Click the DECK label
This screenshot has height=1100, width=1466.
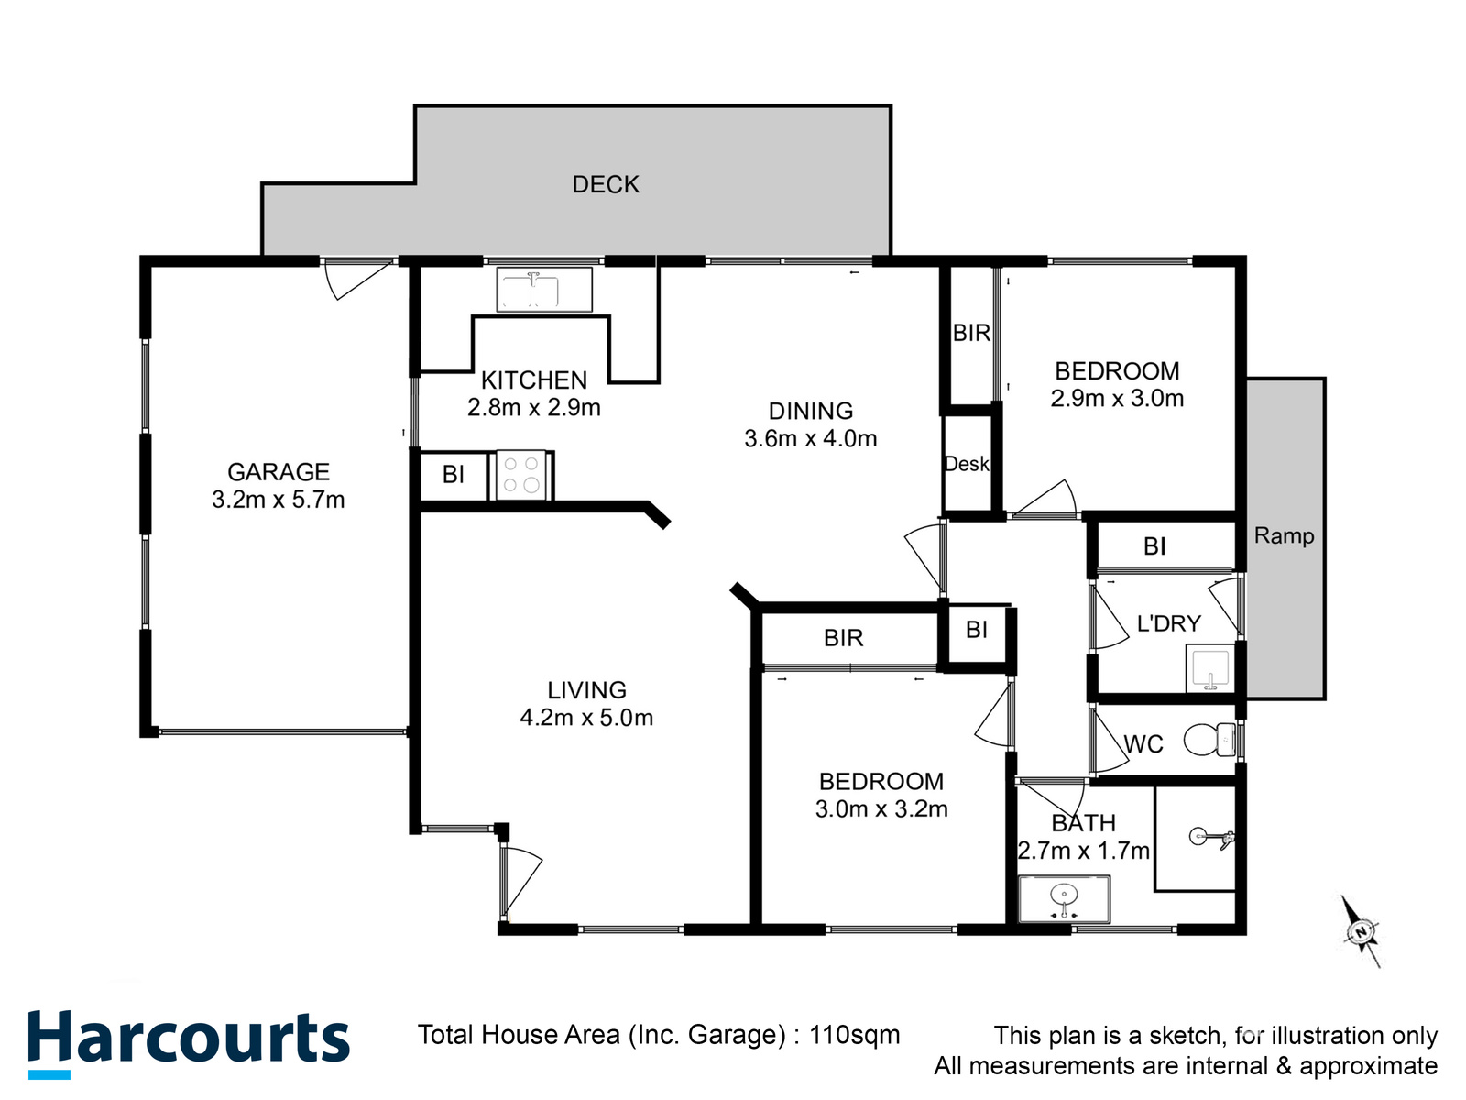[605, 184]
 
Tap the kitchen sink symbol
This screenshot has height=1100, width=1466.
[543, 289]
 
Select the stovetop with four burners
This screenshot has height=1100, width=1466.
[521, 475]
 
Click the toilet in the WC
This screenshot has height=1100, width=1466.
[1209, 740]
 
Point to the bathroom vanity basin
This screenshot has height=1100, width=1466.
[1064, 898]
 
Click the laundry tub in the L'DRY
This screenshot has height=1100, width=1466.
[1209, 668]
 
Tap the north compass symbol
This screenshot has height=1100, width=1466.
[1362, 931]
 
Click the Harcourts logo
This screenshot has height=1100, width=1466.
[189, 1043]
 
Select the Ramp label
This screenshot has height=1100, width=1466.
[1284, 535]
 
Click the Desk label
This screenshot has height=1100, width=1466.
[966, 463]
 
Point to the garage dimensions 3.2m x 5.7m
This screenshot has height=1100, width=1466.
[279, 500]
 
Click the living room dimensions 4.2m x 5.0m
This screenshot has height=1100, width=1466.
[586, 718]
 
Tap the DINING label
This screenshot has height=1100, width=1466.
[811, 411]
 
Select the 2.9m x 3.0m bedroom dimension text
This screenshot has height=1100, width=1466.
[1117, 398]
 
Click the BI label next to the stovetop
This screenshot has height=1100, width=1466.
[453, 474]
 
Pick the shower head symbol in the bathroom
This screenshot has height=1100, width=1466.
[1212, 838]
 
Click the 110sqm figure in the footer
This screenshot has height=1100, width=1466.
[855, 1035]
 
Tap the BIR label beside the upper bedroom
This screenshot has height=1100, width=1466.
[971, 333]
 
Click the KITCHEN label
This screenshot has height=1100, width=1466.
[533, 380]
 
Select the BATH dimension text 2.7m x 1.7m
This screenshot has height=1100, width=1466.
[1083, 851]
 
